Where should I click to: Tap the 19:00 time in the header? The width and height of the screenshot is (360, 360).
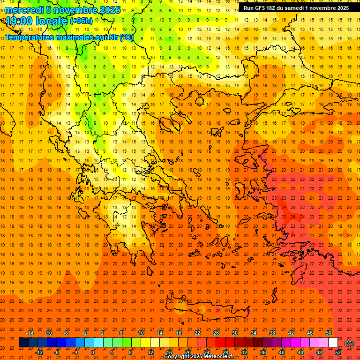(20, 21)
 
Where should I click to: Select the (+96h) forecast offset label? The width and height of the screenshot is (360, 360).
(81, 21)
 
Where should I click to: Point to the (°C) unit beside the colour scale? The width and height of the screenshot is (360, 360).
(349, 343)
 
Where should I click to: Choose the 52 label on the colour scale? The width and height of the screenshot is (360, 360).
(338, 352)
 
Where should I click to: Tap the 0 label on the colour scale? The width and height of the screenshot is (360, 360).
(93, 352)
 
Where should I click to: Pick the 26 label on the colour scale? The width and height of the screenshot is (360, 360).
(216, 333)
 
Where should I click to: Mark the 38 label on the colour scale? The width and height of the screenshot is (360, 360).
(272, 333)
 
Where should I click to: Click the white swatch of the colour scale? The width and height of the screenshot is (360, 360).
(333, 343)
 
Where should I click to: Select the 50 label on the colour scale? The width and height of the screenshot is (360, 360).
(329, 333)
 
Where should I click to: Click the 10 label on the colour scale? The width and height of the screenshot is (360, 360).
(141, 333)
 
